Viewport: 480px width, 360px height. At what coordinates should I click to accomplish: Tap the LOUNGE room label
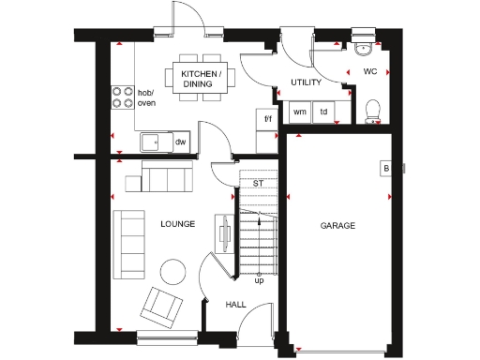(x=177, y=224)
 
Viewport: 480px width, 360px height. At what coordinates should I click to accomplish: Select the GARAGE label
(x=337, y=225)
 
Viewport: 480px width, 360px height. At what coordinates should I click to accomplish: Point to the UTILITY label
(x=306, y=82)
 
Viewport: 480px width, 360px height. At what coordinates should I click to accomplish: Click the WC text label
(x=369, y=71)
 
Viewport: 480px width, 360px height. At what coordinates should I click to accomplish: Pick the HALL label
(x=235, y=304)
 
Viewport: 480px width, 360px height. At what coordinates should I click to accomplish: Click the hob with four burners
(x=123, y=97)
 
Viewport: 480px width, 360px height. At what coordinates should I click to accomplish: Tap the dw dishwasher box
(x=179, y=142)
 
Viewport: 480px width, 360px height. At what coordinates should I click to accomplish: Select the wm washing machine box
(x=300, y=112)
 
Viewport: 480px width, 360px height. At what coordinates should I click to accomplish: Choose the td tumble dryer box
(x=324, y=112)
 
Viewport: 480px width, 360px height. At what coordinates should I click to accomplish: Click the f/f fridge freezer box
(x=267, y=119)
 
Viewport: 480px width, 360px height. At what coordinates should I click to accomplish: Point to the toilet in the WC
(x=372, y=112)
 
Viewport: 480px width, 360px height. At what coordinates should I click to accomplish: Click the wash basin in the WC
(x=364, y=48)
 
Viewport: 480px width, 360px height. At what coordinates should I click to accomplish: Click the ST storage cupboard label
(x=257, y=183)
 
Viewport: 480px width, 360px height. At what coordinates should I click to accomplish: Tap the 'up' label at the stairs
(x=259, y=279)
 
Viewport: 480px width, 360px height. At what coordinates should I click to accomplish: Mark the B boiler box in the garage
(x=385, y=169)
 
